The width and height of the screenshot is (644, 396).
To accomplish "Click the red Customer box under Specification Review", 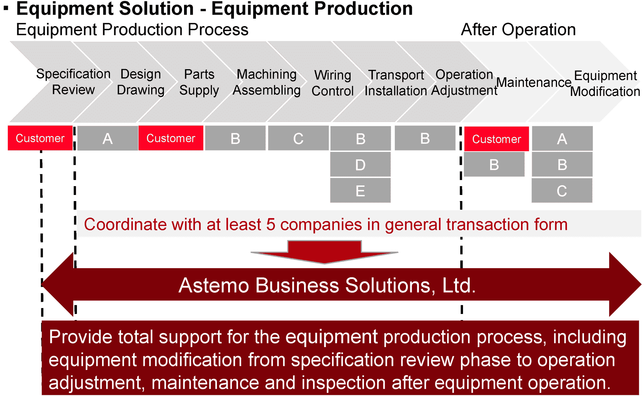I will click(x=40, y=138).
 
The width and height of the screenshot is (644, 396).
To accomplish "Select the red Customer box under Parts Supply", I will click(x=171, y=138).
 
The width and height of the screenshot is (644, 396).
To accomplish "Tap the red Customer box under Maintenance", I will click(x=496, y=139).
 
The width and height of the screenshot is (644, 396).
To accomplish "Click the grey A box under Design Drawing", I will click(x=107, y=138).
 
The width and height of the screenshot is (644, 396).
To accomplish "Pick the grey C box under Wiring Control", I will click(x=298, y=138).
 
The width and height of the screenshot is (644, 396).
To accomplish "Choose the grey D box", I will click(x=360, y=165).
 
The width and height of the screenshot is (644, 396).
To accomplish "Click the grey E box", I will click(x=360, y=191).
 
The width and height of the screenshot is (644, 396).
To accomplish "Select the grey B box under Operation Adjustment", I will click(x=425, y=138).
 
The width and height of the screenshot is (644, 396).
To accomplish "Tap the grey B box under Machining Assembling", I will click(x=235, y=138).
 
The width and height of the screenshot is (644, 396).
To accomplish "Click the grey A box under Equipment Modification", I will click(x=562, y=139).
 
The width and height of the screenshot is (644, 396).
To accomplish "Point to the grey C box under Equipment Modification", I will click(x=562, y=191).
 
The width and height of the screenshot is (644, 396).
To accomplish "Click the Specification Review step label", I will click(x=73, y=82).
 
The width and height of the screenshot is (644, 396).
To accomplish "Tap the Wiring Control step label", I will click(x=333, y=83).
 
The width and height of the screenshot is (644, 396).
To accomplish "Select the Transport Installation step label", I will click(x=396, y=83).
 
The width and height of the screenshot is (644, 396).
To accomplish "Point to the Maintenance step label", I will click(x=534, y=82).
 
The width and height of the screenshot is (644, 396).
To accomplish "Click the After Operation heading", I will click(x=518, y=29).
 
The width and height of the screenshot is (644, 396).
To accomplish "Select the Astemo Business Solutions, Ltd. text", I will click(x=327, y=285).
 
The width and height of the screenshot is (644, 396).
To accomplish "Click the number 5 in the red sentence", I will click(x=270, y=224).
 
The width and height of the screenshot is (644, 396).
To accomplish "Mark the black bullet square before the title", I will click(x=6, y=7).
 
